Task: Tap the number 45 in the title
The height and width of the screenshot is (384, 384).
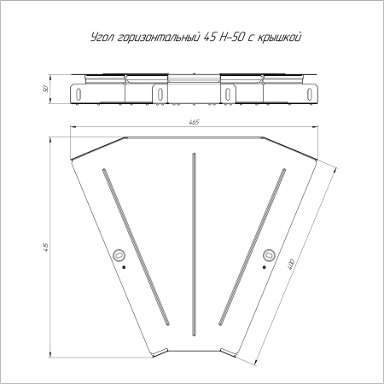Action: [211, 37]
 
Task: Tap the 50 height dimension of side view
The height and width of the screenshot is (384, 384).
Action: [43, 88]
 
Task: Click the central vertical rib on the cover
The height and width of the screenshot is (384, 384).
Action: [195, 244]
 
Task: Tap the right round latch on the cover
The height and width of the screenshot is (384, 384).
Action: [269, 254]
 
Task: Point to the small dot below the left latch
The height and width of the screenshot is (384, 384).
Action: [125, 267]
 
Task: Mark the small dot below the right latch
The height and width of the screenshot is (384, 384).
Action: [264, 267]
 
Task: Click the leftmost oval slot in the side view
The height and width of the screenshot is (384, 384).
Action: [78, 93]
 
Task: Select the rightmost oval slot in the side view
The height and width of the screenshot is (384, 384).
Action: [310, 93]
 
